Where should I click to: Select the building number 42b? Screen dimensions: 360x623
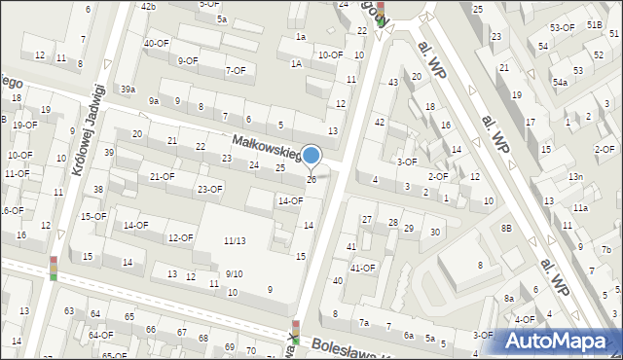tap(148, 7)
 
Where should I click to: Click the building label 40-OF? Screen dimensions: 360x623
tap(157, 43)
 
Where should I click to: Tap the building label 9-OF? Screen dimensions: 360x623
tap(188, 60)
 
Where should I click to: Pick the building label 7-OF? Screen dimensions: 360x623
tap(236, 70)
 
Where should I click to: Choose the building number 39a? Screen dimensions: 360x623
tap(128, 90)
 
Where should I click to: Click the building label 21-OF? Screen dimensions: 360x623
tap(162, 176)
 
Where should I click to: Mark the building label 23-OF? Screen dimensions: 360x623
tap(210, 189)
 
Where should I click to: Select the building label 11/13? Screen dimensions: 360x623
tap(234, 240)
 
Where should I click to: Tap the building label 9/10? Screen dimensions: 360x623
tap(234, 273)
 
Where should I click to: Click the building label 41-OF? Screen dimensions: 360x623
tap(362, 267)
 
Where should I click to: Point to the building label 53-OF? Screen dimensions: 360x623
tap(562, 28)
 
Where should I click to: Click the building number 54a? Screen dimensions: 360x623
tap(561, 83)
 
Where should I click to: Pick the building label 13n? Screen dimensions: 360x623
tap(576, 176)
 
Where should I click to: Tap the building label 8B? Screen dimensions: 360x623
tap(506, 228)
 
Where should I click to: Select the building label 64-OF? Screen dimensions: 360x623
tap(100, 335)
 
